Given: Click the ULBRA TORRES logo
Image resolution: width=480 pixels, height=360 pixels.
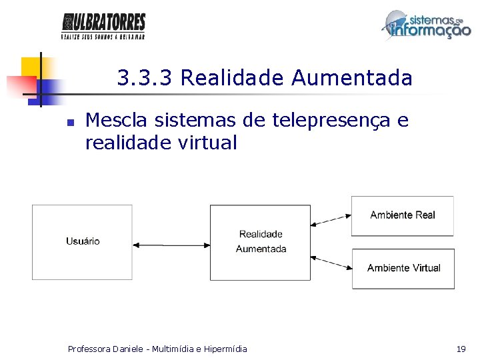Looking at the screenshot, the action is click(x=103, y=25).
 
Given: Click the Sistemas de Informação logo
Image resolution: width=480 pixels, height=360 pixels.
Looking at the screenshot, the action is click(x=426, y=25).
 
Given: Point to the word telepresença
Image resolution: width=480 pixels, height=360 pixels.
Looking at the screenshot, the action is click(x=333, y=121).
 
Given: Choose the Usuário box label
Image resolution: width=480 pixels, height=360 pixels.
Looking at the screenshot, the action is click(x=83, y=241).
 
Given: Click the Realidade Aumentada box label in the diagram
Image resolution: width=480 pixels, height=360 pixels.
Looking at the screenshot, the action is click(x=261, y=241).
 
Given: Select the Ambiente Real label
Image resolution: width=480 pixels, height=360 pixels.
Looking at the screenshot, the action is click(x=403, y=215).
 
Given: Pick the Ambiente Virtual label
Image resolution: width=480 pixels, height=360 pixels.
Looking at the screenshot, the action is click(x=403, y=268).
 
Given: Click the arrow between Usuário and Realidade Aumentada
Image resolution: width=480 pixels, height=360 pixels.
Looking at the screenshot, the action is click(x=171, y=245).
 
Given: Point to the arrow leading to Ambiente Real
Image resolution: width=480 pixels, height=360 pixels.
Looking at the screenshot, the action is click(x=331, y=219).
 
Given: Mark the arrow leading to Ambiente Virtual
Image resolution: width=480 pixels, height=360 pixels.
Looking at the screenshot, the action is click(x=331, y=261).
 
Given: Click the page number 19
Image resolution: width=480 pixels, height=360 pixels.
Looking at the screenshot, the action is click(x=461, y=349).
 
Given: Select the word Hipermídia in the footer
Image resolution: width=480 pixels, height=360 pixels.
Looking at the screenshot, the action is click(x=225, y=349).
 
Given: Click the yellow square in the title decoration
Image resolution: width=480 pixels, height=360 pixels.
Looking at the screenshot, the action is click(x=30, y=67).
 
